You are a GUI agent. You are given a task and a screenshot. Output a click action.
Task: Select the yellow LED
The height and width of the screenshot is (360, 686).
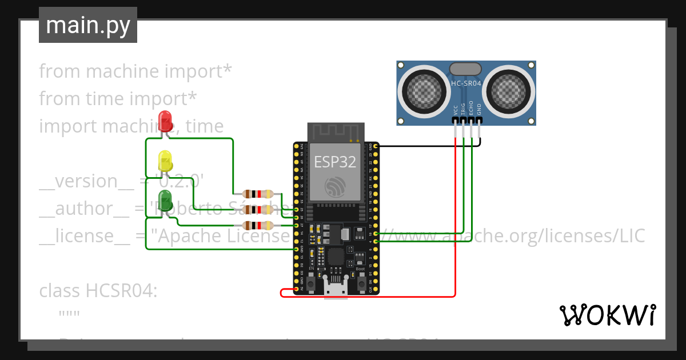pos(165,161)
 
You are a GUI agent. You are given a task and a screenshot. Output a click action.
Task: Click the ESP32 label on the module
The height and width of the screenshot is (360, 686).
pos(335,162)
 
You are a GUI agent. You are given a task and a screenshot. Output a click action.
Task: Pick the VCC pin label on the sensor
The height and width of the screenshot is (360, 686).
pos(456,110)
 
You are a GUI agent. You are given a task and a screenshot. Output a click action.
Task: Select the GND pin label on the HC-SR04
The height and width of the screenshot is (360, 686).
pos(480,110)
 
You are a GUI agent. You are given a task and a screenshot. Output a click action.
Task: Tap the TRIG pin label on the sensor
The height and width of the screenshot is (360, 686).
pos(464,110)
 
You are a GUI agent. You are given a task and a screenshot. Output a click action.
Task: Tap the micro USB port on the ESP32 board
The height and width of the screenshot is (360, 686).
pos(336,285)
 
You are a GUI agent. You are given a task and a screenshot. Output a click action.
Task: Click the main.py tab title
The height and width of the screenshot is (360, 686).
pos(87,25)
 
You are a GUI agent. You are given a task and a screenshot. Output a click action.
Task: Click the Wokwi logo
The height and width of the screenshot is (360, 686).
pos(607,315)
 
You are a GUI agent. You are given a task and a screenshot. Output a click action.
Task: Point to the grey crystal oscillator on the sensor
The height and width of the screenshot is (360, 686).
pos(466,69)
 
